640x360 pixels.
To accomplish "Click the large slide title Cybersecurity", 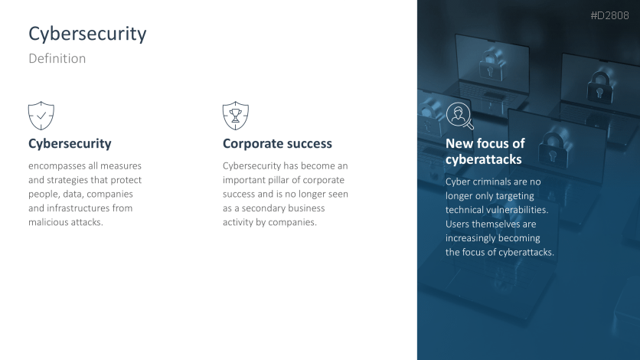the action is click(87, 34).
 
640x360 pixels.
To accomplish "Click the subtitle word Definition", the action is click(57, 58).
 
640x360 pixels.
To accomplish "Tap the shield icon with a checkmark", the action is click(41, 116).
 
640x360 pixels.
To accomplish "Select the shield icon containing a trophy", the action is click(236, 116).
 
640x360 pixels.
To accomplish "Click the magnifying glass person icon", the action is click(459, 116).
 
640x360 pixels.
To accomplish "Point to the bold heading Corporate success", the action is click(277, 144).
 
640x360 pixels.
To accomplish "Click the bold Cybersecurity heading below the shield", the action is click(70, 144).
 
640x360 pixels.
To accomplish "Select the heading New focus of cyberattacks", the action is click(485, 151).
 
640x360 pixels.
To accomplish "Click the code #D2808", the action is click(609, 15).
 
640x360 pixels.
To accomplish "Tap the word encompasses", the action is click(57, 166).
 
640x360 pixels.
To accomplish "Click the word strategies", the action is click(67, 181).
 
